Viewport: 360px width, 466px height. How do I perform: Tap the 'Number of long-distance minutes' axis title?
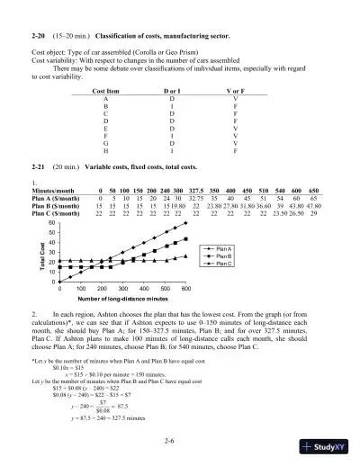pos(122,298)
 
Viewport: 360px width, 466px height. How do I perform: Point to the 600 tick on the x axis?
pos(185,287)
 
